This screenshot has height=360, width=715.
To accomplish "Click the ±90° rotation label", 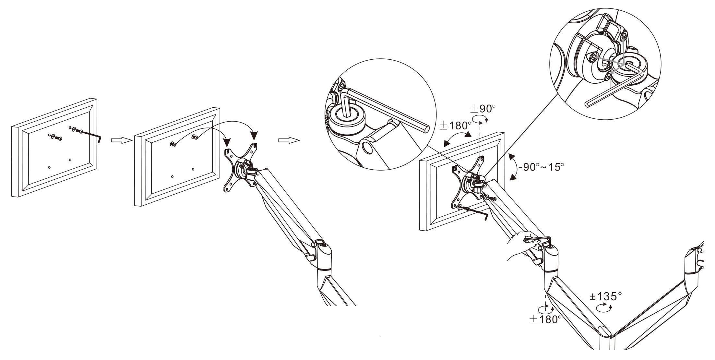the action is [483, 109].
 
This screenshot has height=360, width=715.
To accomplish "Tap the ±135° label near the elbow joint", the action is [606, 296].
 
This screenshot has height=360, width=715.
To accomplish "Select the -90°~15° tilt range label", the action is [541, 167].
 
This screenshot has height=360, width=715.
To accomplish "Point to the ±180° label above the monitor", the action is [455, 126].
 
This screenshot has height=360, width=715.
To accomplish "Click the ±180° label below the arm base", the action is [545, 319].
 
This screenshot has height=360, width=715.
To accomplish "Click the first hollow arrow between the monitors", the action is [122, 140].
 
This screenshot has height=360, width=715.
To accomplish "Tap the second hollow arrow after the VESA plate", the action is [289, 140].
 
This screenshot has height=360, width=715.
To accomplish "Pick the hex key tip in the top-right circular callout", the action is [587, 104].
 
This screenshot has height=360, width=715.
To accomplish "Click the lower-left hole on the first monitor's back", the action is [49, 167].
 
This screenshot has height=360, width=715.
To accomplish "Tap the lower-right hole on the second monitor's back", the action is [193, 169].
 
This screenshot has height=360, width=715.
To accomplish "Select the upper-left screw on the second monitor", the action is [173, 144].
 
